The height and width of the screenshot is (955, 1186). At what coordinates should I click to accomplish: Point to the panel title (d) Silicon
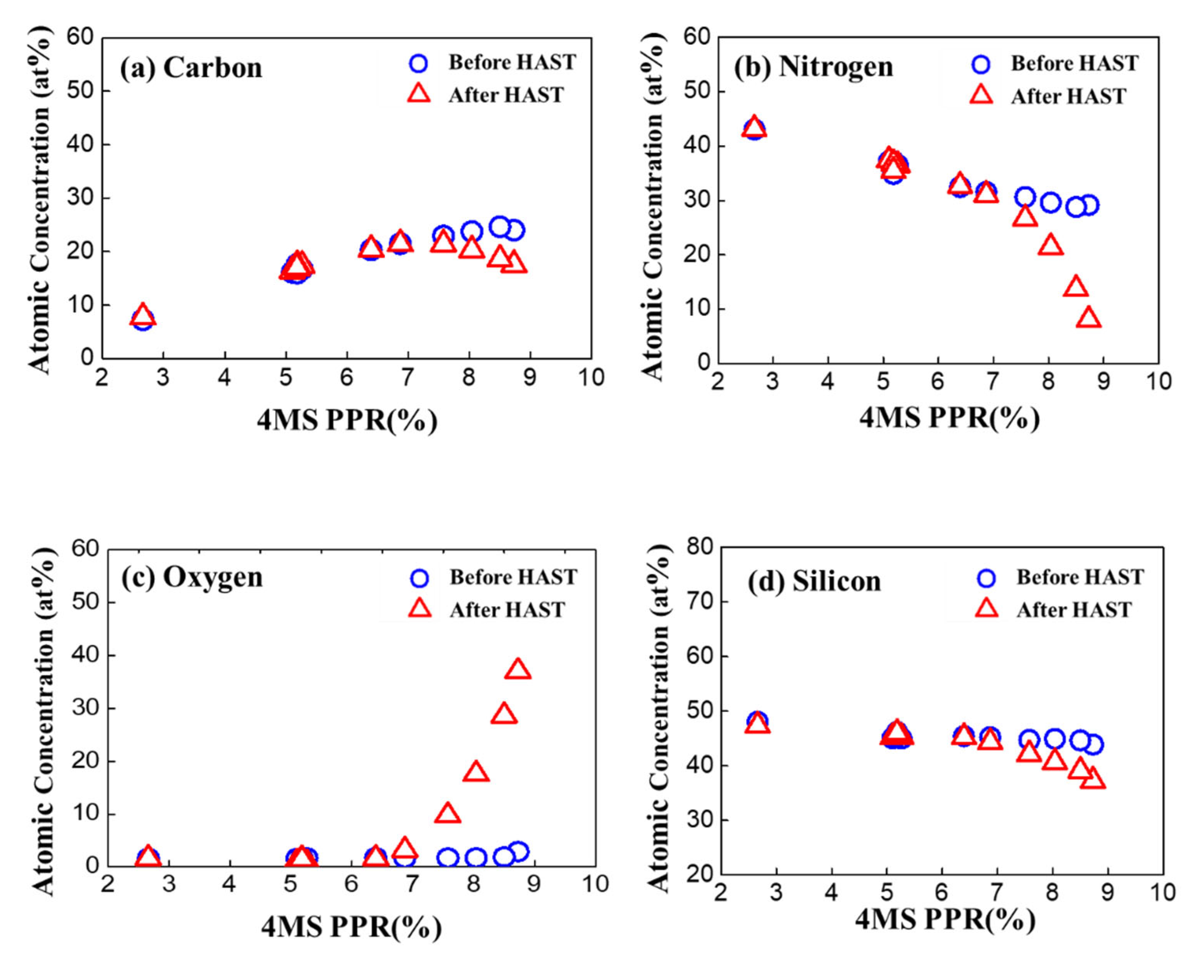pyautogui.click(x=814, y=581)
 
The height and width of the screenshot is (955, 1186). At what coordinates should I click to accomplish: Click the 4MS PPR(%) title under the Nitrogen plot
pyautogui.click(x=949, y=418)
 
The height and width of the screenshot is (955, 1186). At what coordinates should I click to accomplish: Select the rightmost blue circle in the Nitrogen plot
pyautogui.click(x=1089, y=205)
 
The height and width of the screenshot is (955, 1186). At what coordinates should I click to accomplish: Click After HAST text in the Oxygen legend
pyautogui.click(x=507, y=610)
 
